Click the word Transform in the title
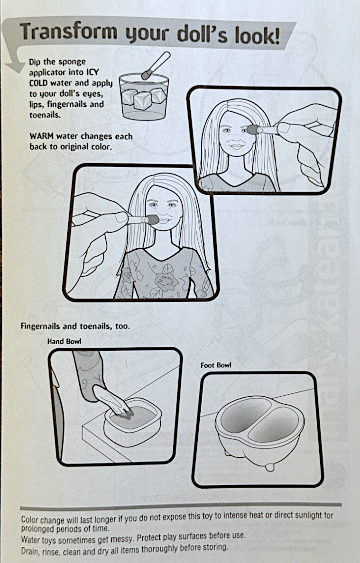pos(69,32)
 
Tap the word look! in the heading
pos(257,36)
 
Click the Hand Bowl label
pos(65,341)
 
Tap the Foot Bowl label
pos(216,365)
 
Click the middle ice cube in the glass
pos(142,100)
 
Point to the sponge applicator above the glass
pos(156,65)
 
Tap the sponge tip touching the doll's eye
pos(253,129)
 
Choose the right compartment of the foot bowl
pos(273,426)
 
